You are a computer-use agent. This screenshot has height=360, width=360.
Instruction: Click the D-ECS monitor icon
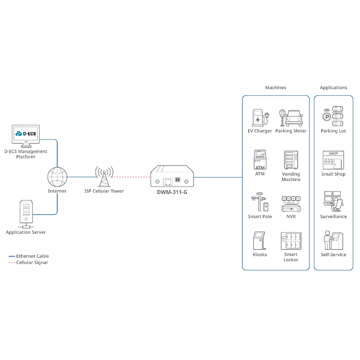[x=26, y=135]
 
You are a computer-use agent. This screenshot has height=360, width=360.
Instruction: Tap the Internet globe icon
[x=57, y=177]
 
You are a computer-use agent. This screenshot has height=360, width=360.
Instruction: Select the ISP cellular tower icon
[x=104, y=176]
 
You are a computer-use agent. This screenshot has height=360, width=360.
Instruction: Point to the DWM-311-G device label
[x=172, y=192]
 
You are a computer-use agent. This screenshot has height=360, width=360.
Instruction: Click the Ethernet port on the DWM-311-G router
[x=167, y=181]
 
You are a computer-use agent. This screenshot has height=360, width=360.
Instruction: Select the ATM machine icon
[x=260, y=160]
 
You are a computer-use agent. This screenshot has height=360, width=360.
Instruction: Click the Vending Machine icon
[x=291, y=160]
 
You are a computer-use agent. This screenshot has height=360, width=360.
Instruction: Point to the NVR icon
[x=291, y=204]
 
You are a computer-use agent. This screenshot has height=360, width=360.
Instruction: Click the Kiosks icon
[x=260, y=240]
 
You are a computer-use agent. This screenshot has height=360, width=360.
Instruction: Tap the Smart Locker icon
[x=291, y=240]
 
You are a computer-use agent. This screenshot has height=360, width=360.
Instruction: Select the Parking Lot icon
[x=333, y=116]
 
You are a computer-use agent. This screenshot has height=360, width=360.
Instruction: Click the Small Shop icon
[x=333, y=160]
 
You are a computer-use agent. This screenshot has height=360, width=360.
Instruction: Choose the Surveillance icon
[x=333, y=202]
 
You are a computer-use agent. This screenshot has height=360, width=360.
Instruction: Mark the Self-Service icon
[x=333, y=240]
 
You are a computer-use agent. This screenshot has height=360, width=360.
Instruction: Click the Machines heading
[x=275, y=87]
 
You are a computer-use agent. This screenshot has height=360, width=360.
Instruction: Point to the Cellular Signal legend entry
[x=32, y=262]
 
